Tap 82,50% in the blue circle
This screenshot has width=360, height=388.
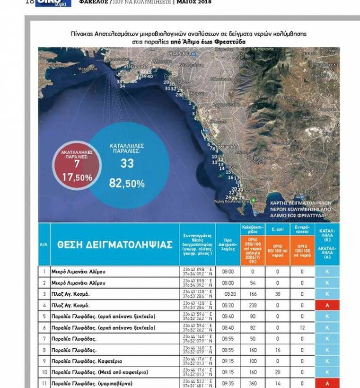point(127,183)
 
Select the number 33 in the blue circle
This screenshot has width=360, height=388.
point(127,163)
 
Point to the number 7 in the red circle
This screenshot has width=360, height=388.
point(77,164)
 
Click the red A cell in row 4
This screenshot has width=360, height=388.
point(327,305)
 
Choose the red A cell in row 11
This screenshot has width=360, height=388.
point(327,383)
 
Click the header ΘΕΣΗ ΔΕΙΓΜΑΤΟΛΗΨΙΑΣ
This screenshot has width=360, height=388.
point(114,245)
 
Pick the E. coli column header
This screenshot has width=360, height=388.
point(277,229)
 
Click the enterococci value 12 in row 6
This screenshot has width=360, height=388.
point(302,328)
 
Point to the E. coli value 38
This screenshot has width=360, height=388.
point(277,294)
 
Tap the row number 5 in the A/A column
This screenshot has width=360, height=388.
point(44,317)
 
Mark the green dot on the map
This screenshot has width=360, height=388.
point(254,201)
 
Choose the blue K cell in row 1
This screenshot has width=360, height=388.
point(327,272)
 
